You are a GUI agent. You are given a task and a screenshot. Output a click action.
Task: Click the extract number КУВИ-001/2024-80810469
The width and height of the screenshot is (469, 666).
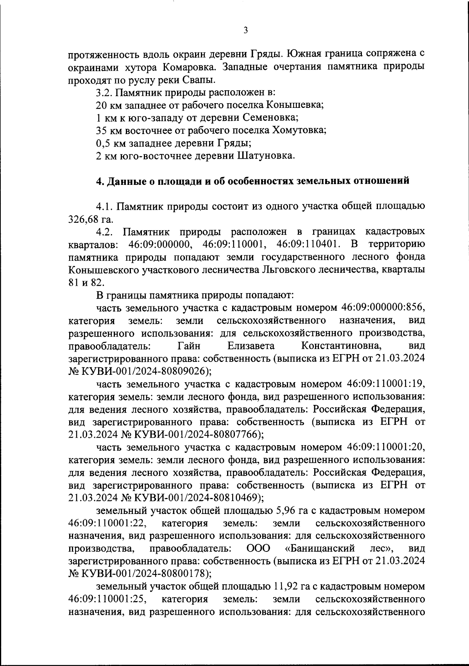[198, 498]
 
